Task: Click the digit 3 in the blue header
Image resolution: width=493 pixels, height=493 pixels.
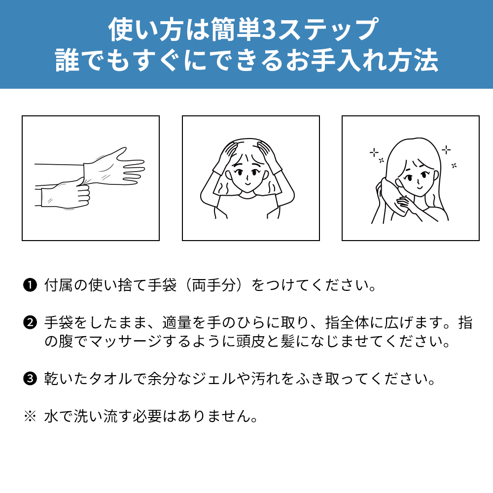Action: click(x=268, y=29)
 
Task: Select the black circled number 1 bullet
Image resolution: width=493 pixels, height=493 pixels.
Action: click(x=30, y=285)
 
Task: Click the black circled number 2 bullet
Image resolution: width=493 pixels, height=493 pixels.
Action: click(x=30, y=322)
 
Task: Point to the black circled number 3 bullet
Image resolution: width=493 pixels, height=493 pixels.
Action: click(x=30, y=378)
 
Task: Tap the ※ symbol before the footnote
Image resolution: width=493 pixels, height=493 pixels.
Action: click(x=30, y=416)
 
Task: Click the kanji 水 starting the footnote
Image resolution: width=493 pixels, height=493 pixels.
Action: click(x=51, y=416)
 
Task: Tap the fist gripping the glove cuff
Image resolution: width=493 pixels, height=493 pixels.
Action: click(x=75, y=193)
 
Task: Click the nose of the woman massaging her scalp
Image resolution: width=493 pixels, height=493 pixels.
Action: click(x=247, y=176)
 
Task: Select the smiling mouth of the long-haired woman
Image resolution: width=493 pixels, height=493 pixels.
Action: click(x=420, y=187)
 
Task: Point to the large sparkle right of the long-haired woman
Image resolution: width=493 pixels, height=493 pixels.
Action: click(x=446, y=150)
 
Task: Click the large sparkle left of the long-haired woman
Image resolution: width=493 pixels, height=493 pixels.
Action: click(x=374, y=153)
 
